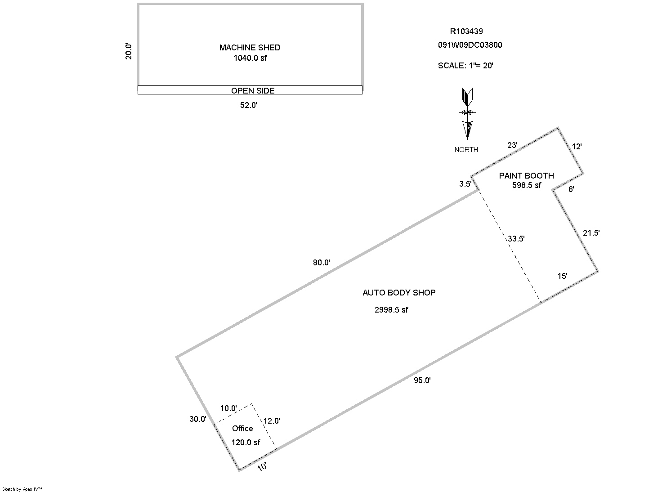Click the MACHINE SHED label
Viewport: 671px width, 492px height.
pyautogui.click(x=250, y=47)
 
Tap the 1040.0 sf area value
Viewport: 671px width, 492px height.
pyautogui.click(x=250, y=58)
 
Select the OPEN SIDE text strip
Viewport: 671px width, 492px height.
pyautogui.click(x=252, y=90)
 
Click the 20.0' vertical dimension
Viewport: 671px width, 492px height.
pyautogui.click(x=129, y=51)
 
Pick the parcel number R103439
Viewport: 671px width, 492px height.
pyautogui.click(x=466, y=31)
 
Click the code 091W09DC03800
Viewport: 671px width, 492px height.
pyautogui.click(x=470, y=45)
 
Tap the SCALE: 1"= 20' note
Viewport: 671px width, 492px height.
pyautogui.click(x=465, y=66)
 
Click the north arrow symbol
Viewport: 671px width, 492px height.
pyautogui.click(x=467, y=114)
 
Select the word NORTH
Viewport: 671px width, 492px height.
pyautogui.click(x=466, y=150)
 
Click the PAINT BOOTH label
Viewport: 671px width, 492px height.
pyautogui.click(x=526, y=176)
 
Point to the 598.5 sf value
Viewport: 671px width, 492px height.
pyautogui.click(x=526, y=185)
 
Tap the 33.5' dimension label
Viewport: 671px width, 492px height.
pyautogui.click(x=516, y=239)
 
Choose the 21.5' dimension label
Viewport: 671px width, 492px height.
pyautogui.click(x=591, y=233)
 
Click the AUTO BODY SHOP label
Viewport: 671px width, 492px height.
pyautogui.click(x=399, y=293)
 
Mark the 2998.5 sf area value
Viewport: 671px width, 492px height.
pyautogui.click(x=391, y=310)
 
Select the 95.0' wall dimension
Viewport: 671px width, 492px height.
pyautogui.click(x=422, y=380)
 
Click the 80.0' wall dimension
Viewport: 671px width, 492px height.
pyautogui.click(x=322, y=263)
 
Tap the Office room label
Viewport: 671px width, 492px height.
pyautogui.click(x=242, y=429)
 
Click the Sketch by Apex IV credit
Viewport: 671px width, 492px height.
pyautogui.click(x=22, y=489)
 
